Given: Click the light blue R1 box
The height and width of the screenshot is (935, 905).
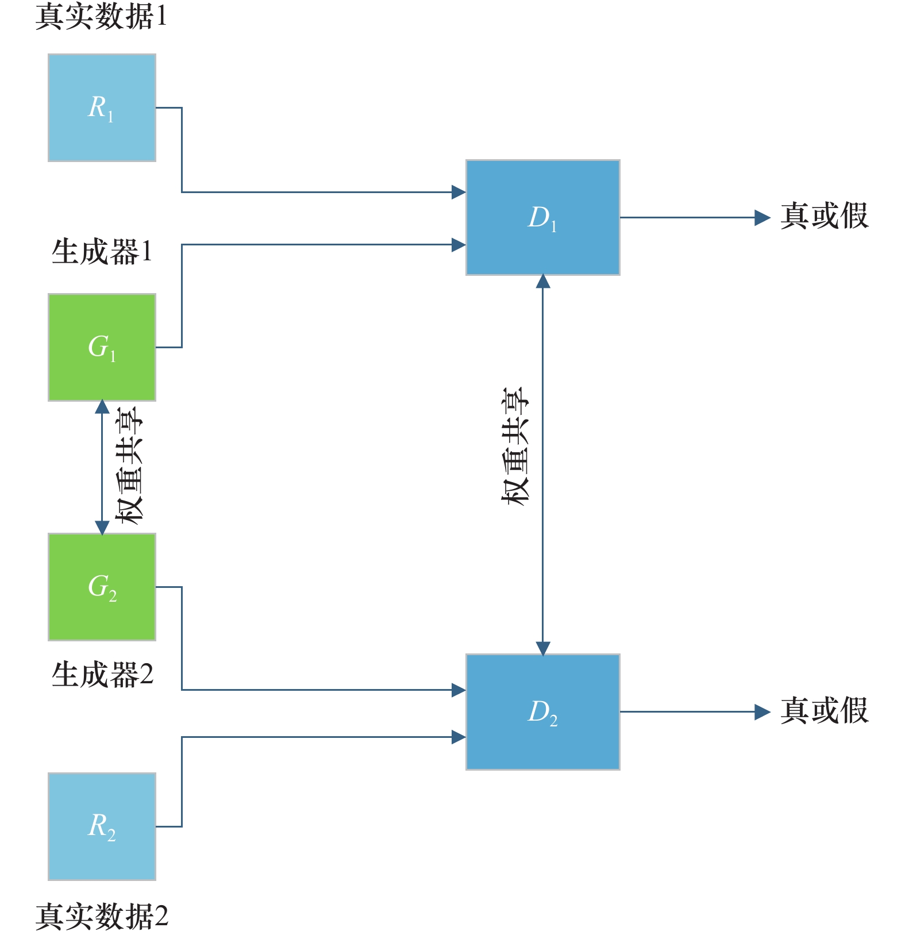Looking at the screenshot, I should pos(102,107).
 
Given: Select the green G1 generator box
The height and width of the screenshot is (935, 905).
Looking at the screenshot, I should pos(102,347).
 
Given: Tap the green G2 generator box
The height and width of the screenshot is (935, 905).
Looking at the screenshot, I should pos(102,587).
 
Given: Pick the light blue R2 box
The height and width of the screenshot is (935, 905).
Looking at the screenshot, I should pos(102,826).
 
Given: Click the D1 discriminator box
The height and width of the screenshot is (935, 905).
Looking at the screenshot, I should pos(542,217).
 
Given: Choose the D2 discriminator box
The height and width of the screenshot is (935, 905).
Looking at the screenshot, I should pos(542,711).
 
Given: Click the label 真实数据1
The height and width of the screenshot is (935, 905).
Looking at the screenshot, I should pos(101,16).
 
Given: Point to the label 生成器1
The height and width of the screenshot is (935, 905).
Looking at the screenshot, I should pos(102,252).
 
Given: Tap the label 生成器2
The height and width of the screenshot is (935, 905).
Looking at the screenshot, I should pos(102,674).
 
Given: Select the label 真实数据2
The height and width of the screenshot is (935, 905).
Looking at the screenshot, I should pos(102,916).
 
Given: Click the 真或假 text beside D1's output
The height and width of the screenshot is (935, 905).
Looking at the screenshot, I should pos(824,217).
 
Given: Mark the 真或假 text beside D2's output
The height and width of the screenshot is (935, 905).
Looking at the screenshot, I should pos(824,711).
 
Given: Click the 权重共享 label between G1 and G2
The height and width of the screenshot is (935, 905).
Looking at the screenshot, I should pos(129,465).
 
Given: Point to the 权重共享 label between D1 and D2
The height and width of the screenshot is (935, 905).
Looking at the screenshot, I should pos(515,447).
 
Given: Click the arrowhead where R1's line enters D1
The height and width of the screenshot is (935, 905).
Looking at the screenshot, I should pos(459,192).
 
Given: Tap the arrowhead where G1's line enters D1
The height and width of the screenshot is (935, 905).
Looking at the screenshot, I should pos(459,245).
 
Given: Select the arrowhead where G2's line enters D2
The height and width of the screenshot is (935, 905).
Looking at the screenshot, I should pos(459,690).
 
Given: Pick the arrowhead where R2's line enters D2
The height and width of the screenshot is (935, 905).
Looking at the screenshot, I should pos(459,737).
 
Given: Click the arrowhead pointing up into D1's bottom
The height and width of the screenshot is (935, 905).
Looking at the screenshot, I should pos(542,282).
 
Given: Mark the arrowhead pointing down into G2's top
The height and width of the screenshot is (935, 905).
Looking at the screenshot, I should pos(102,528).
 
